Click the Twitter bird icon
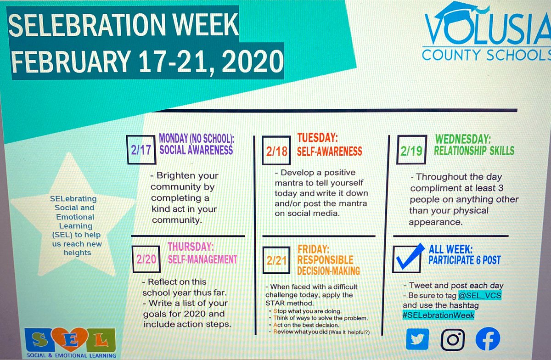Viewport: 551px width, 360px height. pyautogui.click(x=417, y=339)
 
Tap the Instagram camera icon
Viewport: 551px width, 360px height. pyautogui.click(x=453, y=339)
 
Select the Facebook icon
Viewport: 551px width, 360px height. pyautogui.click(x=488, y=339)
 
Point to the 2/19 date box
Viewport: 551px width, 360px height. pyautogui.click(x=410, y=151)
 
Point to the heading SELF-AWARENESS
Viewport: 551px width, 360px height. pyautogui.click(x=330, y=151)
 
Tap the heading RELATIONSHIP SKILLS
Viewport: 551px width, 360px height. pyautogui.click(x=475, y=151)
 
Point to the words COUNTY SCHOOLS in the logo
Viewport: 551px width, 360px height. pyautogui.click(x=486, y=55)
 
